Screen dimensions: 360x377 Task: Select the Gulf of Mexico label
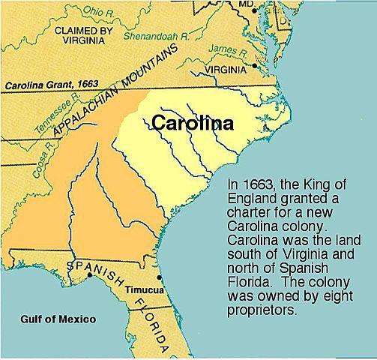point(58,319)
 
